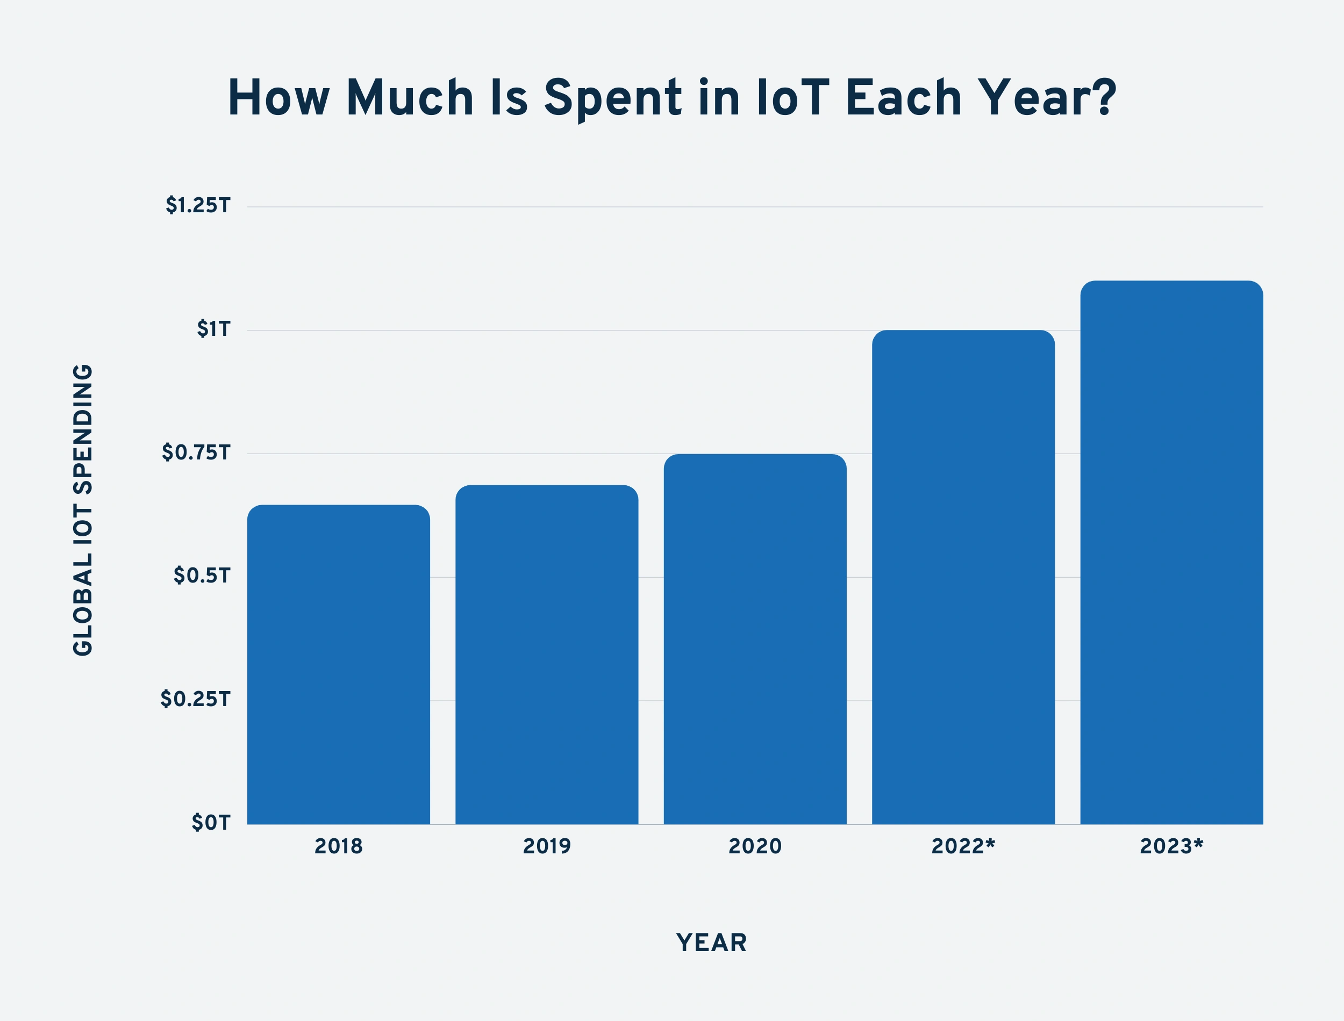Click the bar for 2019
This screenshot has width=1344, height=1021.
point(547,655)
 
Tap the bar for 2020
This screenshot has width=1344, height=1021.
point(755,639)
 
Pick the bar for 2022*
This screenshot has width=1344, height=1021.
point(963,577)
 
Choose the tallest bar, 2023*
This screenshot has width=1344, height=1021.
point(1171,552)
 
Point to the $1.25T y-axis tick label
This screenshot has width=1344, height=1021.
point(198,206)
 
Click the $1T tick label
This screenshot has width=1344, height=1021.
point(213,329)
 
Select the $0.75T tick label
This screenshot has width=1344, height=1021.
point(196,453)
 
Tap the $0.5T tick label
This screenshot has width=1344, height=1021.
point(202,576)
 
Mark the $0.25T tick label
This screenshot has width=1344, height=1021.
point(196,700)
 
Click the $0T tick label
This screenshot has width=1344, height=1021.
point(211,823)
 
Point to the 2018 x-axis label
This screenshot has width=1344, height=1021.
point(339,846)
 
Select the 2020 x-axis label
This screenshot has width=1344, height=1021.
point(755,846)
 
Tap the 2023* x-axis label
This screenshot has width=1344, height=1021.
point(1171,846)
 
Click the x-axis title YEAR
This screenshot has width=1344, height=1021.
point(711,943)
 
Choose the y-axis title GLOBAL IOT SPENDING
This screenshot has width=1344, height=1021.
point(83,510)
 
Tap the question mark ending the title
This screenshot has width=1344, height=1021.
point(1104,97)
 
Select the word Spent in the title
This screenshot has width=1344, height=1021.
point(613,98)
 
